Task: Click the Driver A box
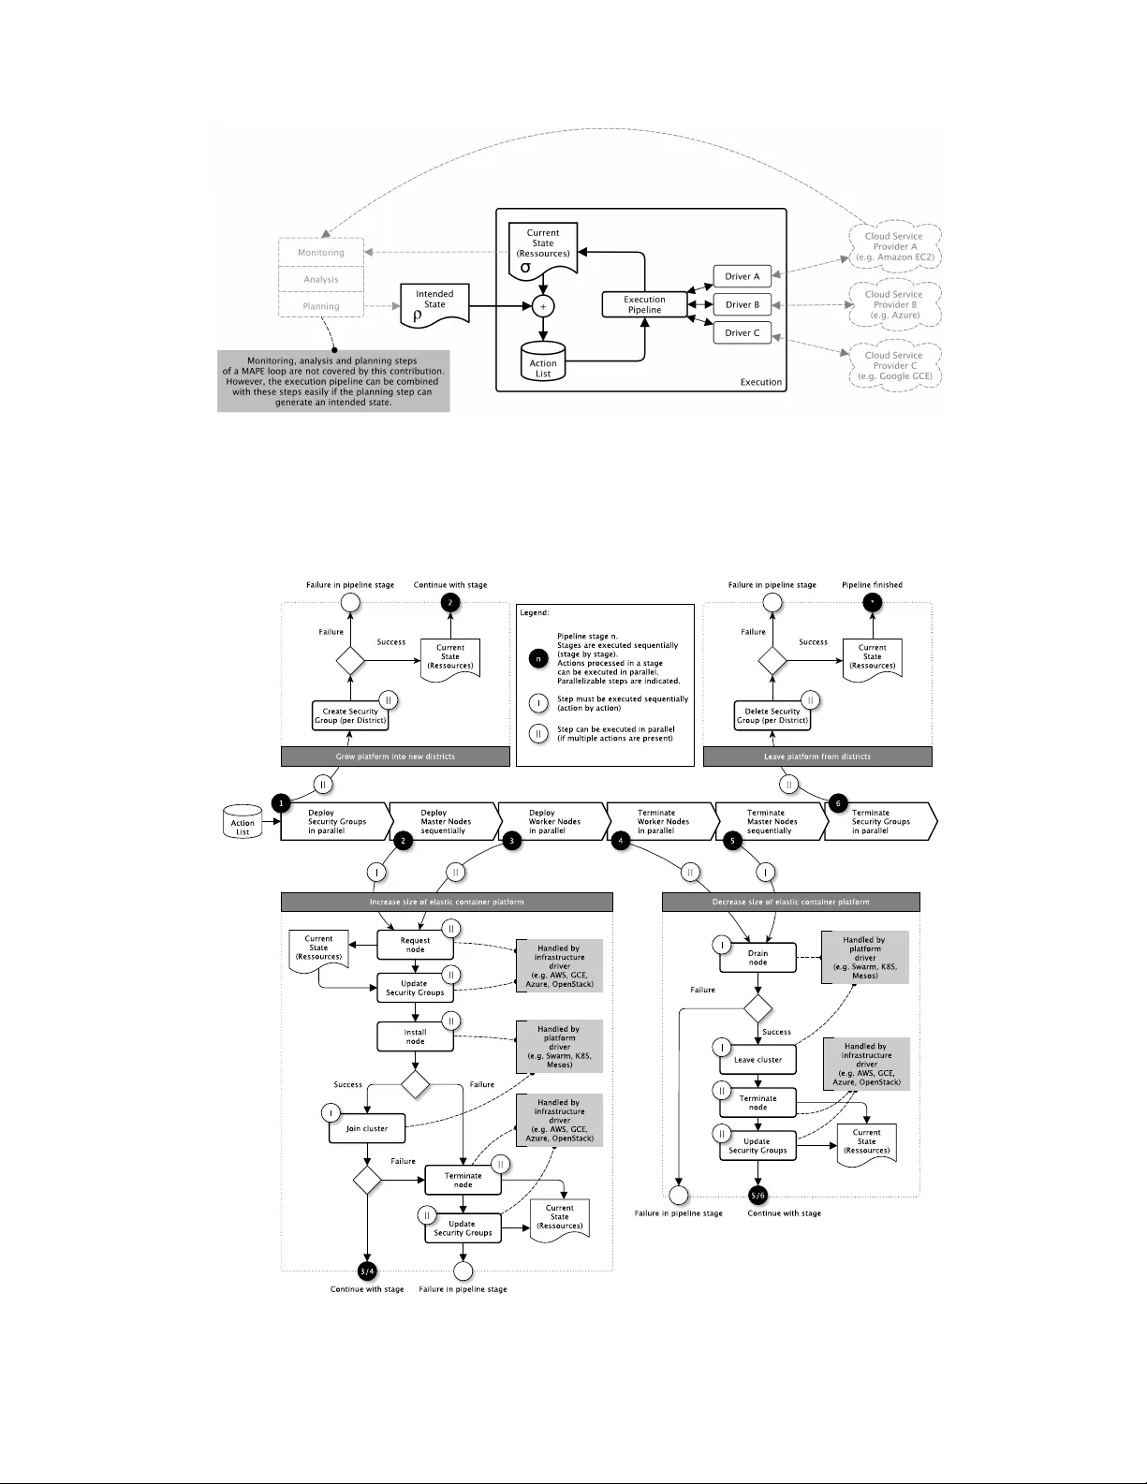[743, 276]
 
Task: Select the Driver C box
[743, 332]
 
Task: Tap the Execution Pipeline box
[644, 304]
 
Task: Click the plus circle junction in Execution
[543, 306]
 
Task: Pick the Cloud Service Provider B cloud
[893, 305]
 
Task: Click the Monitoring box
[321, 253]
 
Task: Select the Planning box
[321, 306]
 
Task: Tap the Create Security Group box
[350, 716]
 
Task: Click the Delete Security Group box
[772, 716]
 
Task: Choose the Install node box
[415, 1036]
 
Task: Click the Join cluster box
[367, 1128]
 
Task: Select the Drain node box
[757, 958]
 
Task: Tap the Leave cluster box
[757, 1060]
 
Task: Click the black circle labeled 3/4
[367, 1271]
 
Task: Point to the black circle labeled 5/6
[758, 1196]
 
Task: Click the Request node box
[415, 945]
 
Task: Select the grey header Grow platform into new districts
[395, 757]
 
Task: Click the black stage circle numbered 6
[838, 803]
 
